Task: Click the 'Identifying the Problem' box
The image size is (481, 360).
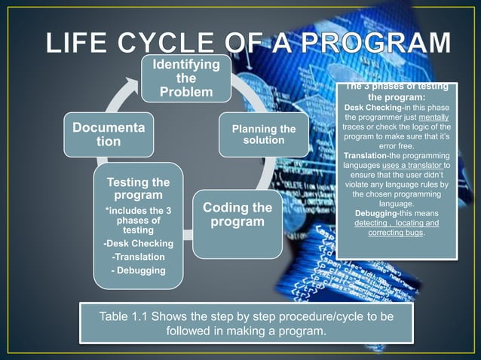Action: pos(186,78)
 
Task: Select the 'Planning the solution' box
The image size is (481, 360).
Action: pos(263,135)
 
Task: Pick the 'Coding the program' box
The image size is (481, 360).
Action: pos(237,215)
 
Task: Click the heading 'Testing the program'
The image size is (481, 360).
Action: pos(138,189)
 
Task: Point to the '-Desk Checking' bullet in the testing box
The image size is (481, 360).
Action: pos(138,243)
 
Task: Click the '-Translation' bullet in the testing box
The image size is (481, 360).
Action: pos(138,257)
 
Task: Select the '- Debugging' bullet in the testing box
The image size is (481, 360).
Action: pos(138,270)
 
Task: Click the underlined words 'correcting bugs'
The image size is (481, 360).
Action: pos(395,233)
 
